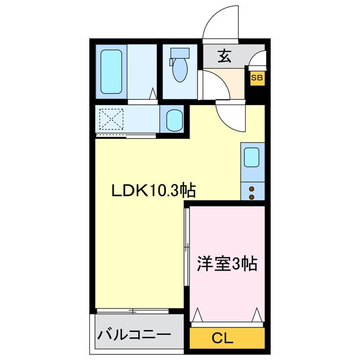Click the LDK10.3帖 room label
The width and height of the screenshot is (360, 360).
coord(152,191)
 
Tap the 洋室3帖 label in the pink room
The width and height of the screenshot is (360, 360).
coord(227,263)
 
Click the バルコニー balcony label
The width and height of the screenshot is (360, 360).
coord(134,336)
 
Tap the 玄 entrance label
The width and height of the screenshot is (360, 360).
coord(224,56)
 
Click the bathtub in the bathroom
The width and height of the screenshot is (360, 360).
coord(112,72)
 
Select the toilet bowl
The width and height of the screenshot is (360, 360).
coord(180,72)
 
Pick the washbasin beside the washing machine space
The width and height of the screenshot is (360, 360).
coord(174,120)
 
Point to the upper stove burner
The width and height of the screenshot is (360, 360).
coord(251,188)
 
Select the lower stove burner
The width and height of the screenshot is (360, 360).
coord(251,197)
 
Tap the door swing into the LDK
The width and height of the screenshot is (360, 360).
coord(231,115)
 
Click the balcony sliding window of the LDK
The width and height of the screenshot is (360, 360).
coord(133,310)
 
